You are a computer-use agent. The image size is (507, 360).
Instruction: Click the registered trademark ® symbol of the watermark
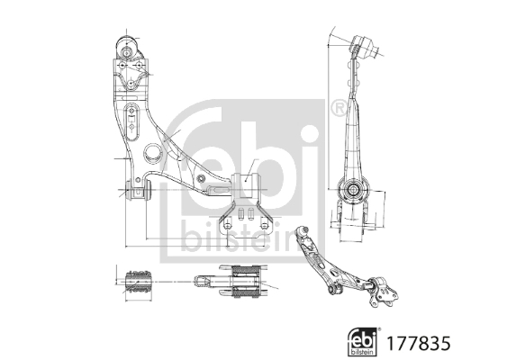pos(337,109)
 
